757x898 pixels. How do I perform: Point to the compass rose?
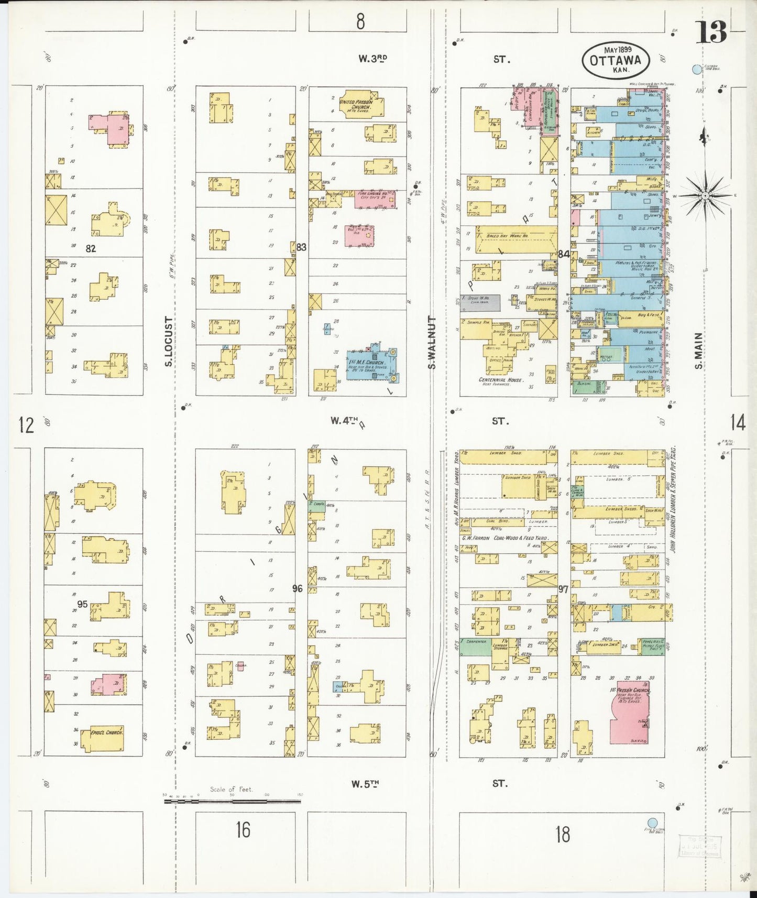(705, 196)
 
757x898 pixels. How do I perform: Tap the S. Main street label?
(698, 350)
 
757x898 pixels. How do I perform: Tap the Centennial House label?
(500, 380)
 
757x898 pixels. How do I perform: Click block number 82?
(91, 249)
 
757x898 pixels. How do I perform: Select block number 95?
(82, 604)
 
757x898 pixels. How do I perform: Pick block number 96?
(298, 588)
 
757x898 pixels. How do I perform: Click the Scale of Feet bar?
(232, 801)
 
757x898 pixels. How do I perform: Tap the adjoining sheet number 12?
(26, 425)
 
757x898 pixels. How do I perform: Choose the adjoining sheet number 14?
(738, 422)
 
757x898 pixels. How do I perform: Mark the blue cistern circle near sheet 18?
(652, 823)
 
